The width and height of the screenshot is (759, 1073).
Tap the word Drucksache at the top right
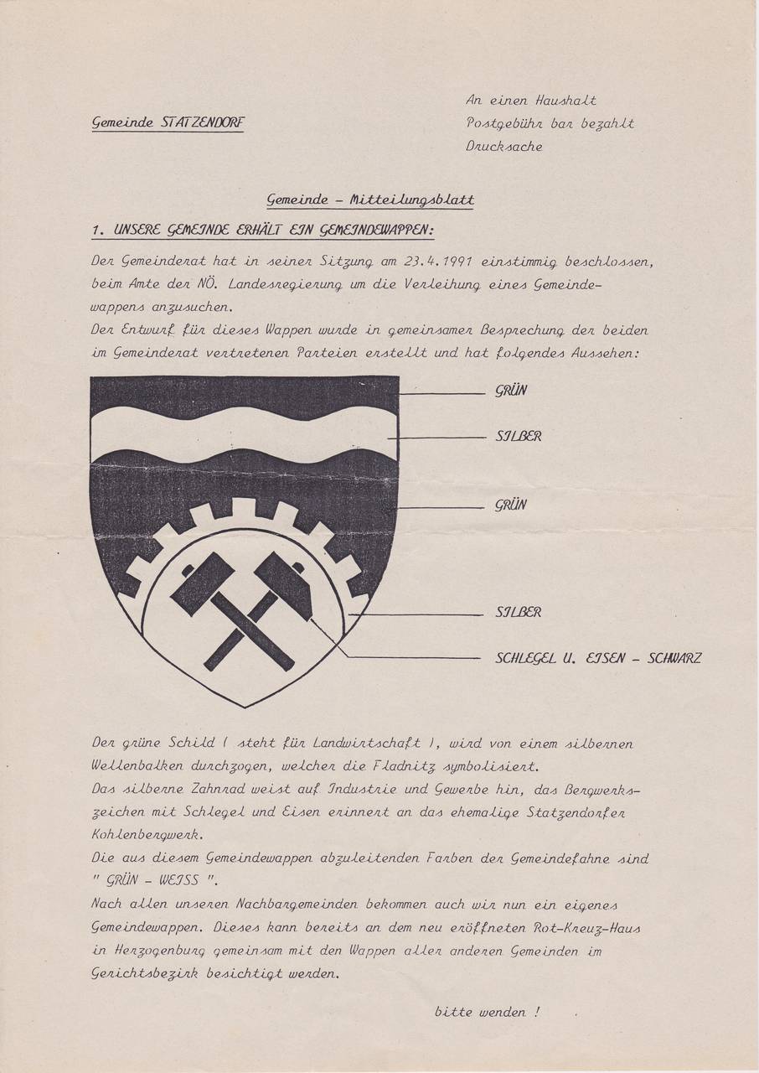click(x=504, y=146)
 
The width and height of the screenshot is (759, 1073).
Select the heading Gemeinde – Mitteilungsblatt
click(x=369, y=200)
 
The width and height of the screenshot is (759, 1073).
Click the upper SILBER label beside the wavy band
click(x=518, y=437)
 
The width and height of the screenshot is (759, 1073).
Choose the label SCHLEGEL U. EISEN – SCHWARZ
click(x=598, y=658)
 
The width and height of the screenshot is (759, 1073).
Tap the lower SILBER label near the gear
click(x=518, y=612)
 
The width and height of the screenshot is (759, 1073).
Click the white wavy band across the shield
click(x=243, y=432)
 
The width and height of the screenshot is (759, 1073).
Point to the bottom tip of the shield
click(x=244, y=705)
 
